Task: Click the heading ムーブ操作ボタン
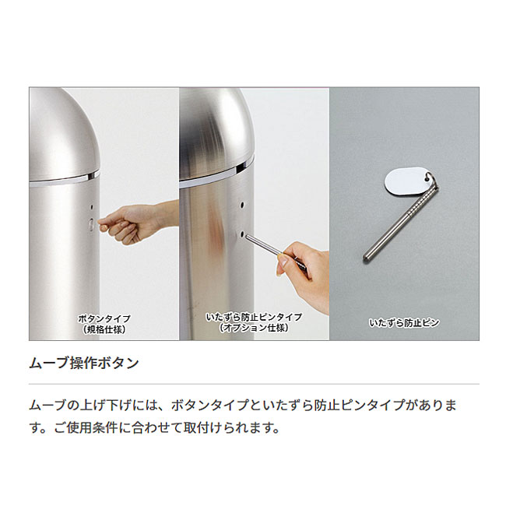pyautogui.click(x=84, y=363)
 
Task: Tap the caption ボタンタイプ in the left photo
pyautogui.click(x=104, y=319)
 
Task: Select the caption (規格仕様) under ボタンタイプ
pyautogui.click(x=104, y=330)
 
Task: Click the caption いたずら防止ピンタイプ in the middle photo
pyautogui.click(x=255, y=317)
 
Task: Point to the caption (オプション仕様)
pyautogui.click(x=255, y=328)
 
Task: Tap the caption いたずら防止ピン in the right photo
pyautogui.click(x=404, y=322)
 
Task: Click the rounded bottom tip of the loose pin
pyautogui.click(x=366, y=258)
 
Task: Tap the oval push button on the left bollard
pyautogui.click(x=91, y=224)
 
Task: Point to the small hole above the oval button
pyautogui.click(x=92, y=207)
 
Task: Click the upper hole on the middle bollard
pyautogui.click(x=242, y=204)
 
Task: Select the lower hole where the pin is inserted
pyautogui.click(x=242, y=234)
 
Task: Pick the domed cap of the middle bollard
pyautogui.click(x=216, y=134)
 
